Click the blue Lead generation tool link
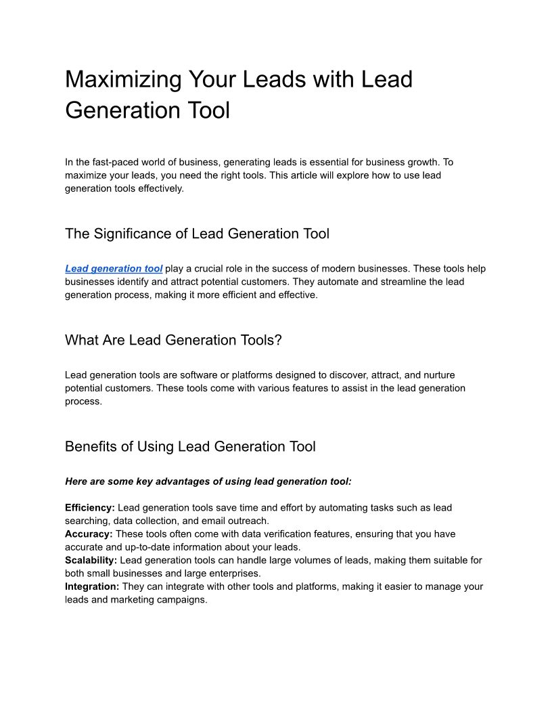[114, 269]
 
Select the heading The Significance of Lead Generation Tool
[197, 234]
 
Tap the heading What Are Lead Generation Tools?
[173, 341]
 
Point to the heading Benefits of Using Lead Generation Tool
[190, 447]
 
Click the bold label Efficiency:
[90, 508]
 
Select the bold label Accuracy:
[89, 534]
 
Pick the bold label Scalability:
[91, 561]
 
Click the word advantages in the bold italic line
[183, 482]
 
